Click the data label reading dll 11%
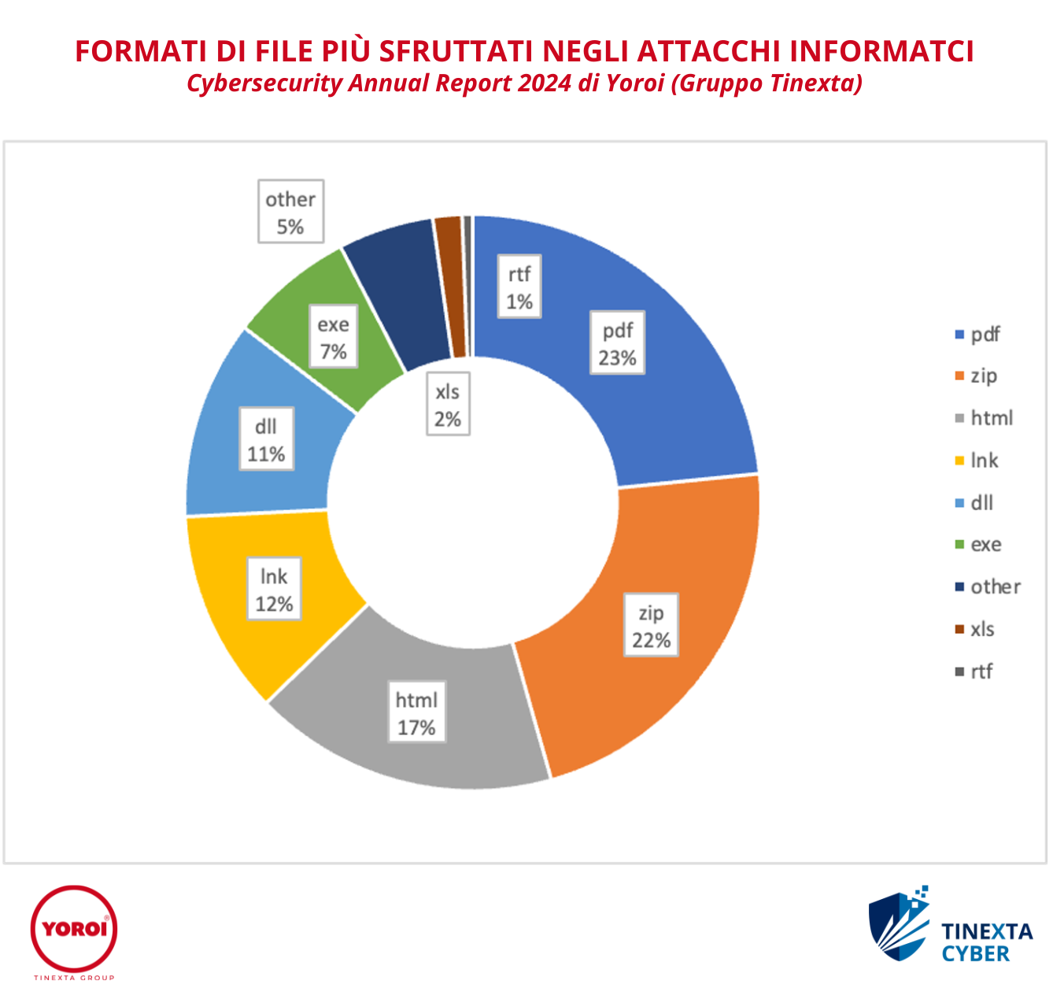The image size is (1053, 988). coord(266,439)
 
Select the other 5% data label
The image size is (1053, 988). coord(290,212)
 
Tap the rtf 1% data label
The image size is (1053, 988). coord(519,287)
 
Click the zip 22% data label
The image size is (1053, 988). coord(651,626)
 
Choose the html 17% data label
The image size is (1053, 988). coord(416,712)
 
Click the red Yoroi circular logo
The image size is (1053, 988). coord(74,929)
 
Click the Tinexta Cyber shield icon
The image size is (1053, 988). coord(898,926)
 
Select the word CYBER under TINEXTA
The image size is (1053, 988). coord(975,954)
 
